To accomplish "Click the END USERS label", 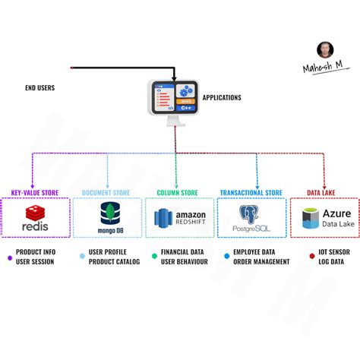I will (39, 88).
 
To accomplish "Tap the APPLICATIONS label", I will (222, 97).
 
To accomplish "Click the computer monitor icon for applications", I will (175, 100).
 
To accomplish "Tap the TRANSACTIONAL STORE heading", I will (251, 192).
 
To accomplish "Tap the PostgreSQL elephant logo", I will (250, 214).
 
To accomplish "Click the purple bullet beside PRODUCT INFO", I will (9, 257).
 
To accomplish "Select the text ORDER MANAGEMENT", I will (262, 262).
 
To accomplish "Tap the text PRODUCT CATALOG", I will (115, 262).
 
